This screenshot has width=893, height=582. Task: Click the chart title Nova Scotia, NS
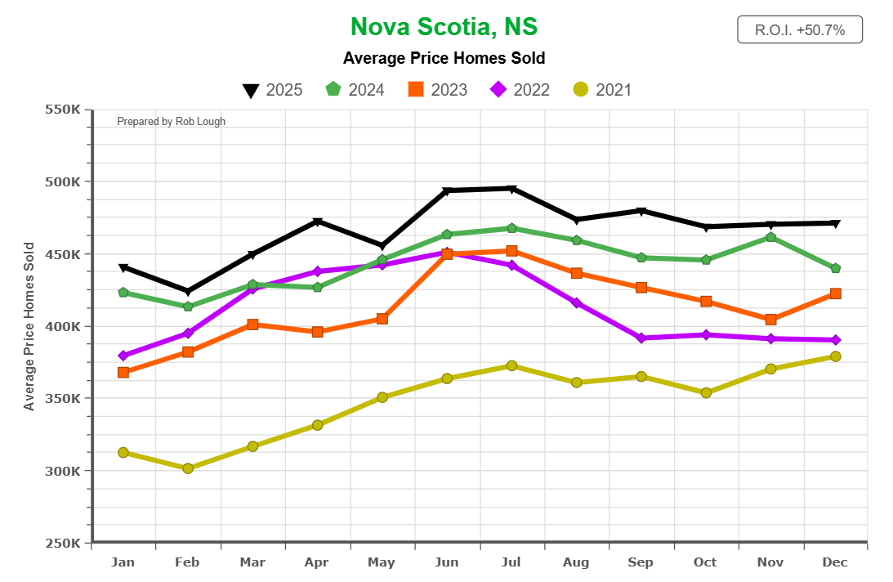point(444,27)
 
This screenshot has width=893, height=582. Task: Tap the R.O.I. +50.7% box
point(799,30)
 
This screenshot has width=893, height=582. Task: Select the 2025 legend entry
point(273,90)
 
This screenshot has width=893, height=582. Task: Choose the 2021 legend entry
point(603,90)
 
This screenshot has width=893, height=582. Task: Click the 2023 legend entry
point(438,90)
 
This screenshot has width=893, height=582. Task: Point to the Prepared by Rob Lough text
point(171,122)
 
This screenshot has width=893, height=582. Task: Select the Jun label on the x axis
point(446,562)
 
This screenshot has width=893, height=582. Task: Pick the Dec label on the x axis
point(835,562)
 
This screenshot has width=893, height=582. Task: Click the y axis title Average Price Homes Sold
point(29,325)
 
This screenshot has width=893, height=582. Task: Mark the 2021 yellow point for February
point(188,468)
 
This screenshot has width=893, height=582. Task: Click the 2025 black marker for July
point(511,189)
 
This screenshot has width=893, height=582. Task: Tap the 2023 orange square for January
point(123,373)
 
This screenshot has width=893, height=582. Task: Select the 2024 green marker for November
point(770,237)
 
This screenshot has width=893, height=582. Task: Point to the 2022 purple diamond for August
point(577,303)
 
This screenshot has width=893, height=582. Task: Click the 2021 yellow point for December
point(835,356)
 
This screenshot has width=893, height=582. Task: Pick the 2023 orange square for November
point(770,320)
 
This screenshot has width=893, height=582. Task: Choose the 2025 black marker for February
point(188,292)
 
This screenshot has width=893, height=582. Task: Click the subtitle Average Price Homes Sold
point(444,59)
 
